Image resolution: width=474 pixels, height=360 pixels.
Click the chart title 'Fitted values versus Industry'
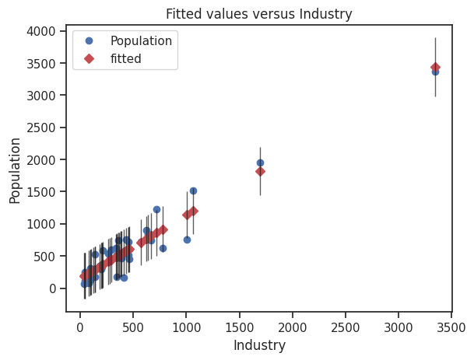pyautogui.click(x=258, y=14)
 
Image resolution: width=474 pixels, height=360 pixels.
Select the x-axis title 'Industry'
pyautogui.click(x=259, y=345)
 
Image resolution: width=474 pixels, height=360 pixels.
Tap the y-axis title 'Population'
pyautogui.click(x=16, y=170)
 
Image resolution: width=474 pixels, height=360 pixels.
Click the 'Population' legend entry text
pyautogui.click(x=141, y=41)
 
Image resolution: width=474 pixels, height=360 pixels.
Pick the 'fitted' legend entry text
pyautogui.click(x=126, y=58)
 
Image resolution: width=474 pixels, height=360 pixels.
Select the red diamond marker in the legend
pyautogui.click(x=89, y=58)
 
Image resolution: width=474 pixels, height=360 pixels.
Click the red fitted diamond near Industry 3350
pyautogui.click(x=435, y=68)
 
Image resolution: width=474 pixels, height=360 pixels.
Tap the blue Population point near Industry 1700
pyautogui.click(x=260, y=163)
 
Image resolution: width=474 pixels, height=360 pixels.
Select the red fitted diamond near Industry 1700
pyautogui.click(x=260, y=171)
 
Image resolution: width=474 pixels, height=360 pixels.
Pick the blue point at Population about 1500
pyautogui.click(x=193, y=190)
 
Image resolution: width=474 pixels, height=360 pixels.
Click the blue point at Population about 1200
pyautogui.click(x=156, y=209)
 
